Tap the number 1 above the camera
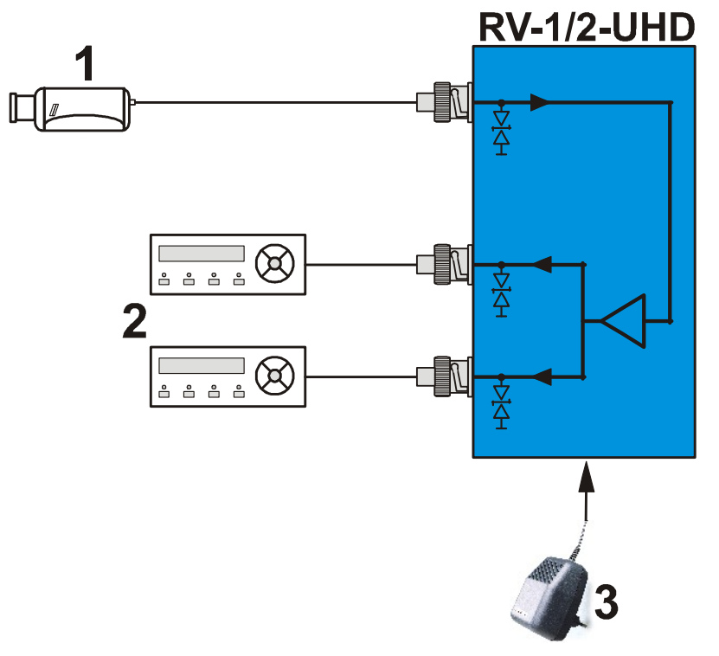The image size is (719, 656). point(84,65)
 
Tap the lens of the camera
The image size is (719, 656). point(21,108)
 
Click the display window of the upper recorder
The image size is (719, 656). point(200,253)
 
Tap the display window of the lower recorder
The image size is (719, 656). point(200,366)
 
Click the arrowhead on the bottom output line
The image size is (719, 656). point(542,376)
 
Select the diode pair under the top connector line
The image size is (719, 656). point(500,130)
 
